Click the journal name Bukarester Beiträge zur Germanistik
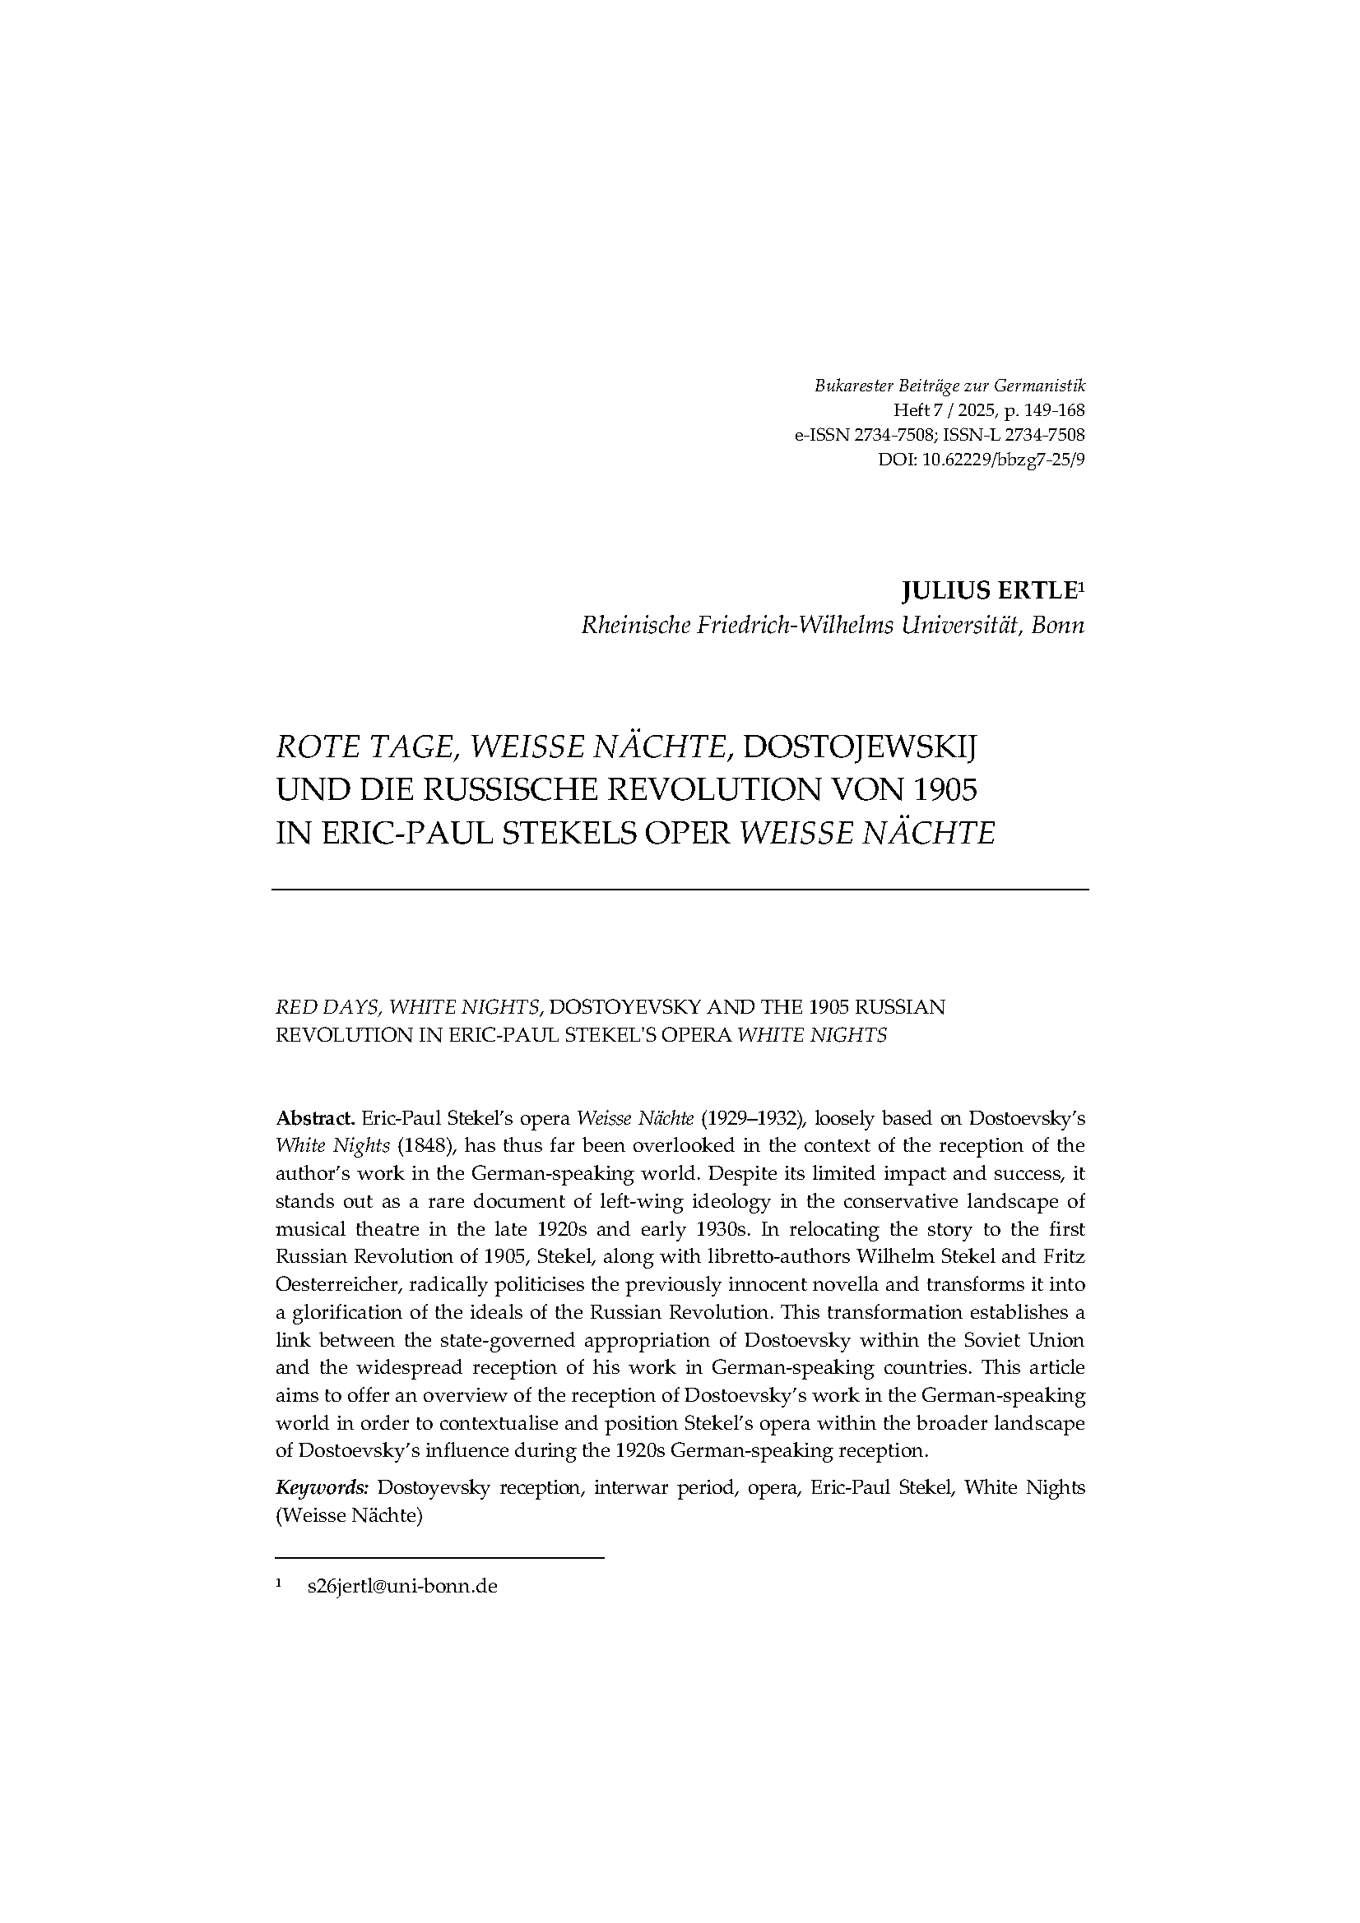click(949, 387)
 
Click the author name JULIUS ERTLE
click(987, 592)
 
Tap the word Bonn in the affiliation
click(1057, 626)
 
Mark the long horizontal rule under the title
click(680, 889)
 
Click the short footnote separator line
click(440, 1558)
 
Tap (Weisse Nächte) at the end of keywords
click(348, 1515)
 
